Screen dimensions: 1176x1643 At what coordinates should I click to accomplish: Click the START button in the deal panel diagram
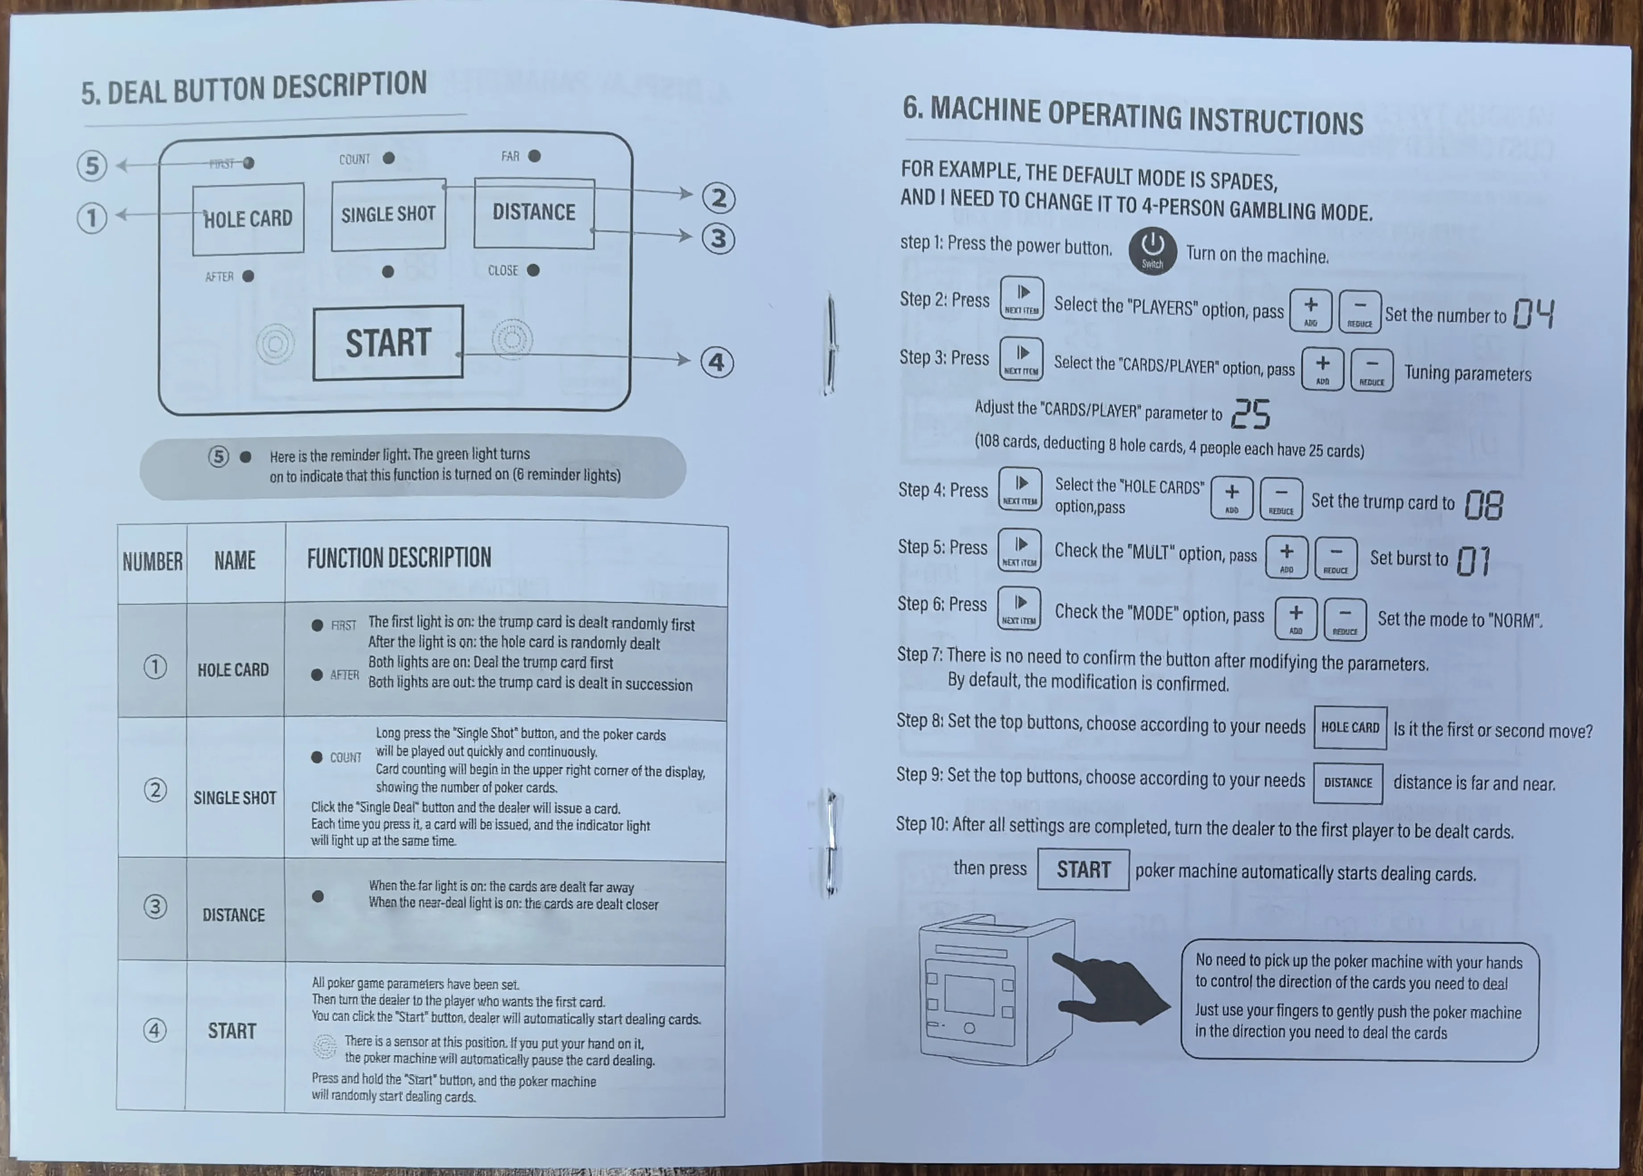pos(388,342)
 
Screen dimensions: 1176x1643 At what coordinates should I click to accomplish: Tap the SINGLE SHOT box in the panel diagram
pos(388,214)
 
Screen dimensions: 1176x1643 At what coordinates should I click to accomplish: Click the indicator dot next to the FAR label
pos(534,156)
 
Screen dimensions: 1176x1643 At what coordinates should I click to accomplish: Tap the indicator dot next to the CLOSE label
pos(533,270)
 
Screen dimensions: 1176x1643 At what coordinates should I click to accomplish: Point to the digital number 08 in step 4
pos(1484,505)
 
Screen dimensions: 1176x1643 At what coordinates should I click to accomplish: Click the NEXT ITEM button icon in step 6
pos(1019,609)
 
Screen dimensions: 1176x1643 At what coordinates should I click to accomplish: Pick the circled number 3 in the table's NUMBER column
pos(155,906)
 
